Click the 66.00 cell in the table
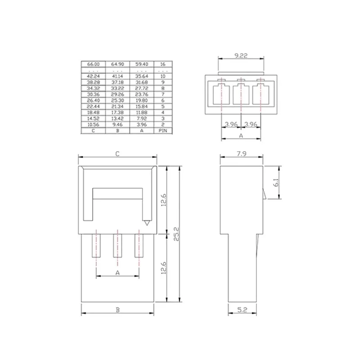point(93,64)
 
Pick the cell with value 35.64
point(141,76)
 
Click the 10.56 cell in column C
point(93,124)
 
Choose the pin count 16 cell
point(162,64)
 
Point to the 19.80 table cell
point(141,101)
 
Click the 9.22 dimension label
point(240,57)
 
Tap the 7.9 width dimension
point(241,154)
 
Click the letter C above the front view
point(117,154)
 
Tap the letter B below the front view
point(117,309)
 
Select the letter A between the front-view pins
point(117,273)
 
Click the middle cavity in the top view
point(240,95)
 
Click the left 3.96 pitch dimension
point(231,123)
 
